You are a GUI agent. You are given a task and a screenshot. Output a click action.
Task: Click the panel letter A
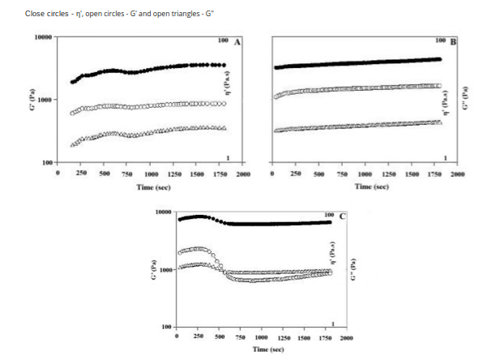coord(237,41)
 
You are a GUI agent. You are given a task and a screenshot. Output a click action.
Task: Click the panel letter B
coord(453,41)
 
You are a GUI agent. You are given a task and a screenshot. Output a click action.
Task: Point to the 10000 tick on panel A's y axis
coord(43,37)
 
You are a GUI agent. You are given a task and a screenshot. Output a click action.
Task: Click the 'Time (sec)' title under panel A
coord(152,186)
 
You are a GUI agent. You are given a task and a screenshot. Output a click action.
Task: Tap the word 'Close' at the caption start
coord(35,14)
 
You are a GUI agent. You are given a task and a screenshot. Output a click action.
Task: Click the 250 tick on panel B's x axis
coord(297,174)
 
